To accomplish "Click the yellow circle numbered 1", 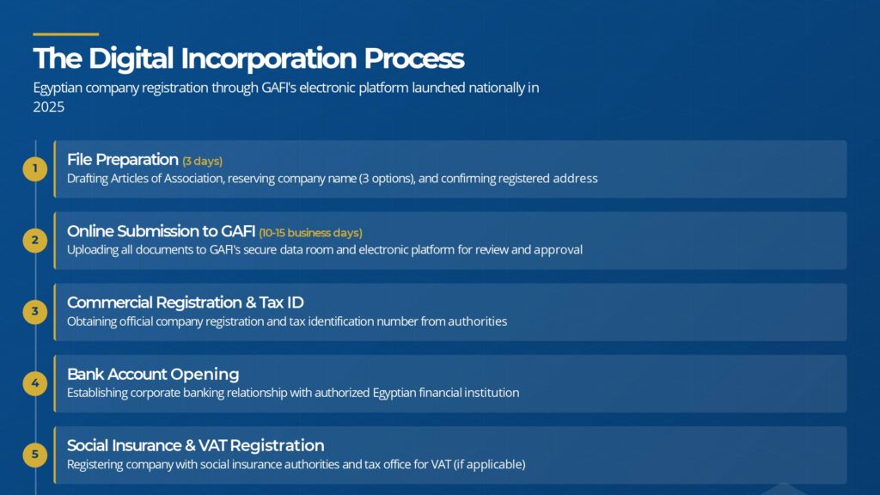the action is click(34, 169).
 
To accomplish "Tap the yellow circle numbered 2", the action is click(34, 241).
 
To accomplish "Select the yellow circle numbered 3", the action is click(34, 311).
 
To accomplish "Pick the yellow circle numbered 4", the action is click(34, 383).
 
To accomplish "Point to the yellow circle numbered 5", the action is click(34, 455).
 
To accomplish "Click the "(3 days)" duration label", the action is click(203, 161).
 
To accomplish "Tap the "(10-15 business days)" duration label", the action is click(310, 232).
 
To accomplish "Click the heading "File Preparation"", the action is click(122, 160).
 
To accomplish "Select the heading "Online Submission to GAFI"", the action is click(161, 230).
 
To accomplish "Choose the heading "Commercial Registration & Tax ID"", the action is click(186, 302).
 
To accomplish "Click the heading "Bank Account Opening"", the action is click(153, 375).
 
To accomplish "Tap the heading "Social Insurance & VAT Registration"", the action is click(195, 446).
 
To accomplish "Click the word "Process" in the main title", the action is click(414, 58).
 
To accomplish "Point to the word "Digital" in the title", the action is click(131, 58).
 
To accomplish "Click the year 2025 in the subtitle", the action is click(49, 107).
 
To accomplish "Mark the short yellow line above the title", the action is click(65, 34).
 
